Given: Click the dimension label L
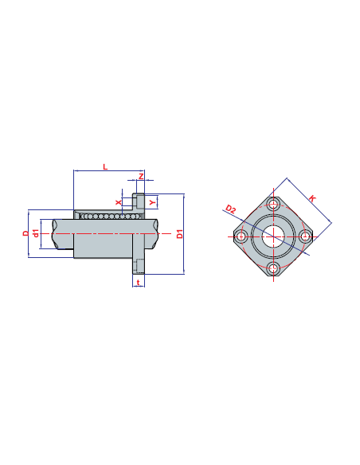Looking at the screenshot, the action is pyautogui.click(x=105, y=167).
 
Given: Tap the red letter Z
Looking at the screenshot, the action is pyautogui.click(x=141, y=177).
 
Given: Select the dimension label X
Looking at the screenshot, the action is pyautogui.click(x=119, y=202).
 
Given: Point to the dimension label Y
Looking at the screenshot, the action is pyautogui.click(x=152, y=202).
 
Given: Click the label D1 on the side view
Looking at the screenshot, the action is pyautogui.click(x=180, y=233).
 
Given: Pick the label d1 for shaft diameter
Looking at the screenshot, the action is pyautogui.click(x=36, y=233).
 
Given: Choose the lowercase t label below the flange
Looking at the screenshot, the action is pyautogui.click(x=139, y=283).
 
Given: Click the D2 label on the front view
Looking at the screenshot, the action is pyautogui.click(x=230, y=209).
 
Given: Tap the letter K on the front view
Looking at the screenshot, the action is pyautogui.click(x=312, y=198).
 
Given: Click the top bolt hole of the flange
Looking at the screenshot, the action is pyautogui.click(x=273, y=204).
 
